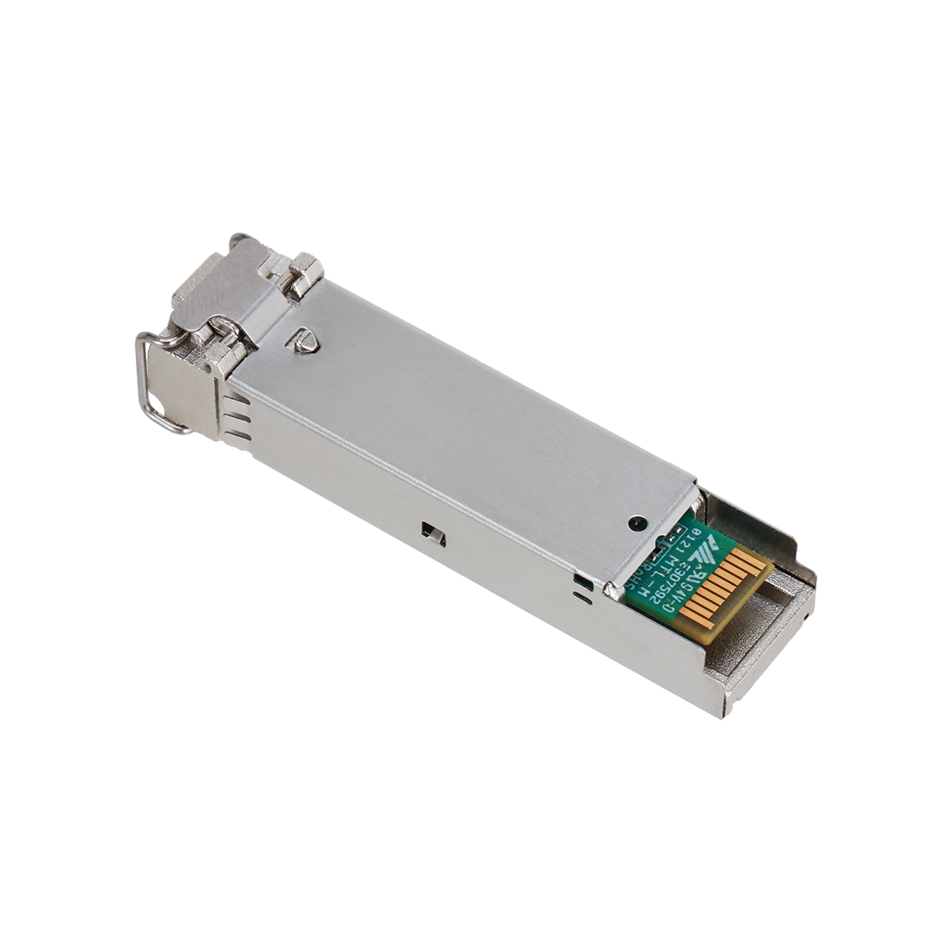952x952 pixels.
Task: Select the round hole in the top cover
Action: coord(637,523)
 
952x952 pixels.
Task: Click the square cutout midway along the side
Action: coord(431,534)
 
